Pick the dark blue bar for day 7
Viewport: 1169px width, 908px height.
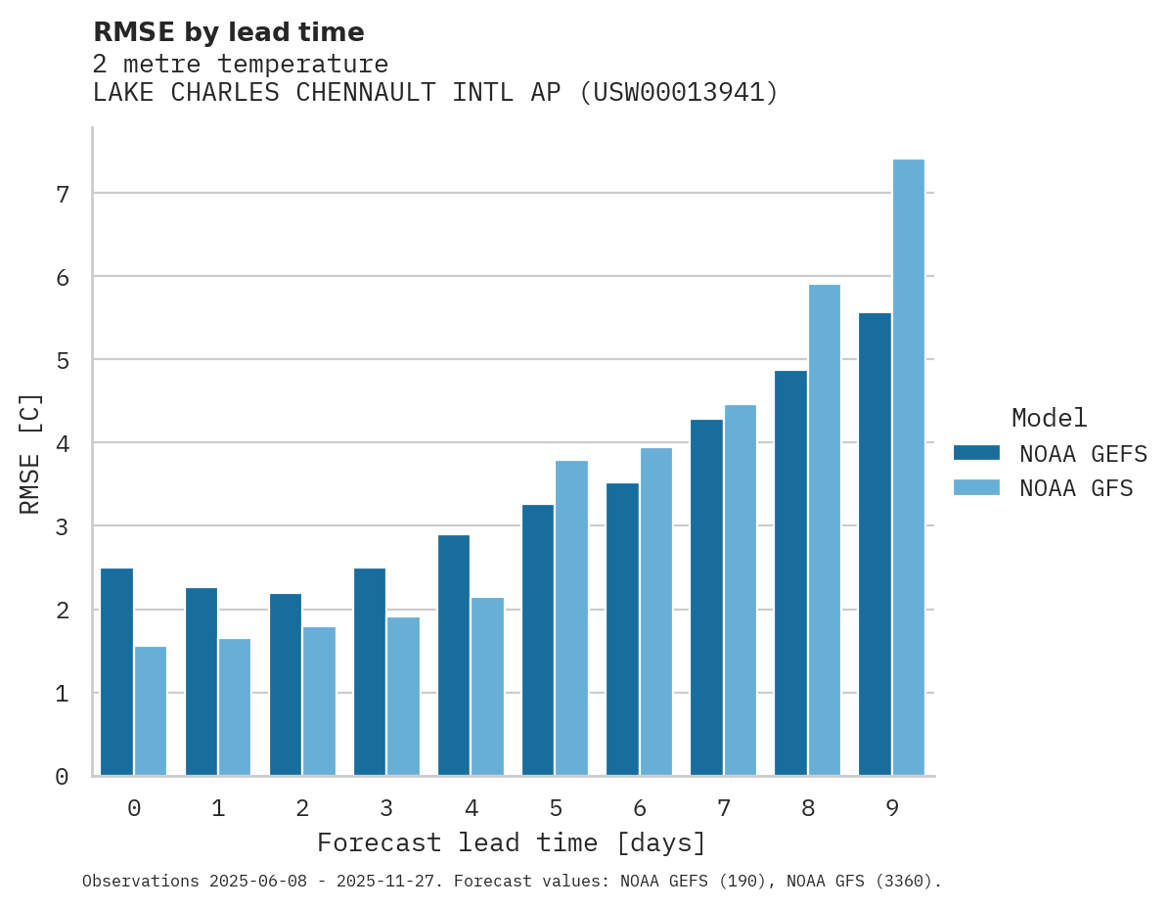coord(706,598)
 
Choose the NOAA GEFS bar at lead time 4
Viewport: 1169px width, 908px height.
coord(454,656)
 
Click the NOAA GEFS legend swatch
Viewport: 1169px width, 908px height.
coord(976,452)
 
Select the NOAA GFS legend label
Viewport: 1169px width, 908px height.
coord(1076,487)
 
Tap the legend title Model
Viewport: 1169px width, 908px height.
coord(1049,418)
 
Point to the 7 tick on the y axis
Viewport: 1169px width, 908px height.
coord(63,194)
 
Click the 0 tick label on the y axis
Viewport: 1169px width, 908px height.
coord(63,777)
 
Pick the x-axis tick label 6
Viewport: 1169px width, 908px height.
coord(640,808)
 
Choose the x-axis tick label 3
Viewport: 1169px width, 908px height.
coord(386,808)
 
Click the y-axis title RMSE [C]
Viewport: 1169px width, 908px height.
coord(30,453)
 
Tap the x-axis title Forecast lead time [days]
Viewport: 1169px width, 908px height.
coord(511,842)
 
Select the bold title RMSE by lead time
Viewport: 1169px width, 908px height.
coord(228,32)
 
